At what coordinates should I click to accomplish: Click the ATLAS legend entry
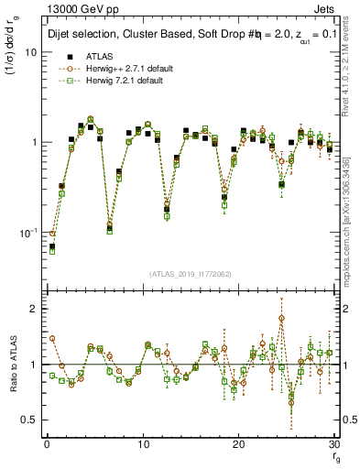click(x=97, y=56)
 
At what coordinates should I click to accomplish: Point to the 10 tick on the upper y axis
click(x=30, y=52)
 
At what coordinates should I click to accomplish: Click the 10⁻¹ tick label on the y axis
click(x=27, y=233)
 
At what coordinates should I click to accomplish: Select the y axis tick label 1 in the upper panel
click(x=34, y=143)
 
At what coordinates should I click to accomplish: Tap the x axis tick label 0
click(x=46, y=443)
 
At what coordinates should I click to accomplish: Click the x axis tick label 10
click(x=143, y=443)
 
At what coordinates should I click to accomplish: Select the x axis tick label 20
click(x=239, y=443)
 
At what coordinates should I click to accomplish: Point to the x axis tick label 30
click(x=334, y=443)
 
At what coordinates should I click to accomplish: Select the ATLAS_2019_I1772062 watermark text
click(x=191, y=273)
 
